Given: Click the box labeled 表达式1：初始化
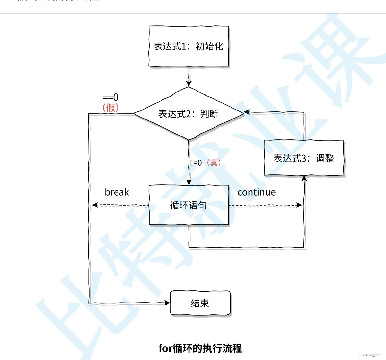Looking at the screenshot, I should [189, 46].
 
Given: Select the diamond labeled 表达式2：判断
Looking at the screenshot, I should [189, 114].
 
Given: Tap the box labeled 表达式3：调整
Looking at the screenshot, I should [304, 158].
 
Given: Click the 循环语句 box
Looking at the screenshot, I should [189, 205].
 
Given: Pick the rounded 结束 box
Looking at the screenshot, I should [200, 303].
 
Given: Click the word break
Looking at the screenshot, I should [117, 192].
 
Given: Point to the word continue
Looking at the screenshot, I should [257, 192].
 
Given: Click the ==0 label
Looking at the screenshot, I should [110, 97].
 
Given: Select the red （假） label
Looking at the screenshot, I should [110, 108].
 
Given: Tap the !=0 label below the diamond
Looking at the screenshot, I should [196, 163].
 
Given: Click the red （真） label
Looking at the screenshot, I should [214, 162].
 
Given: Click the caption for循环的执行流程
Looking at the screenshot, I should [200, 348].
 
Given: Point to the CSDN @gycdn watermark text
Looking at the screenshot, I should [370, 355].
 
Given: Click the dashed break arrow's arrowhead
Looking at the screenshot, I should [95, 205].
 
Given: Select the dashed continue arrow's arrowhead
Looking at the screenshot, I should [299, 205].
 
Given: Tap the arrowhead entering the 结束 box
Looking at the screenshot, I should [167, 303].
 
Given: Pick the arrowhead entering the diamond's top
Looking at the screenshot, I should [189, 83].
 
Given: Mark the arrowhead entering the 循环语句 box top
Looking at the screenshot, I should [189, 182].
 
